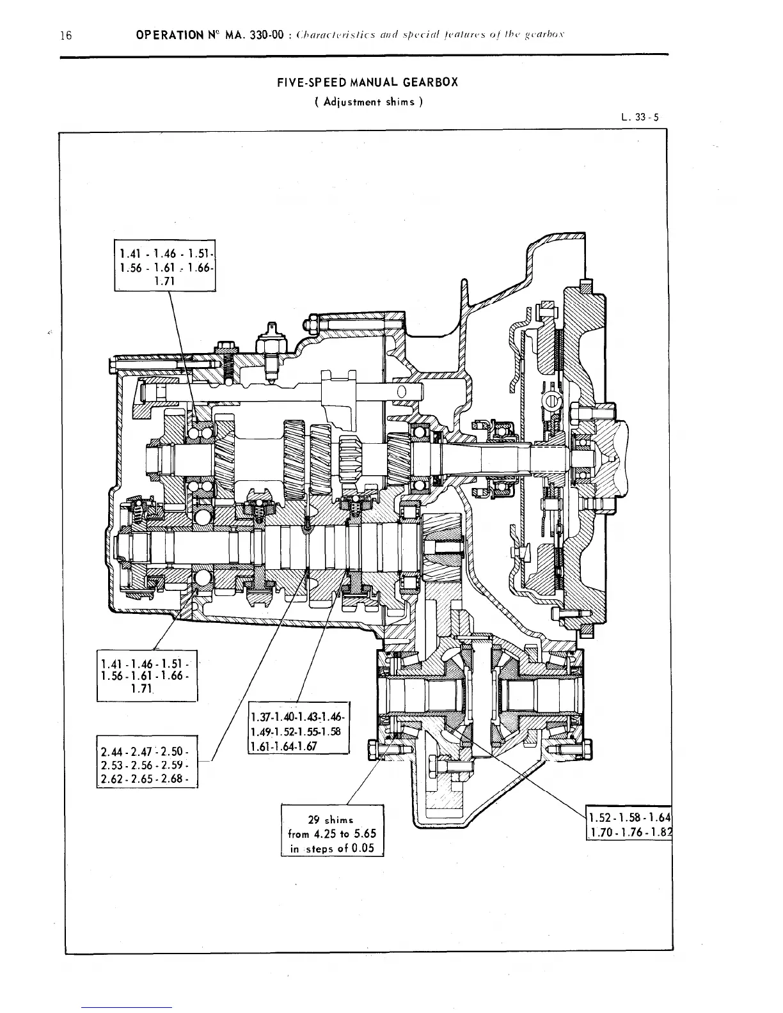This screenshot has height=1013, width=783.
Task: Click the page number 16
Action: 65,35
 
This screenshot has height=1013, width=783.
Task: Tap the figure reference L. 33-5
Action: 639,117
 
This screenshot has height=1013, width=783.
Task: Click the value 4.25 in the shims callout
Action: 326,834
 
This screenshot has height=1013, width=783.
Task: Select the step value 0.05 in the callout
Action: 361,849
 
